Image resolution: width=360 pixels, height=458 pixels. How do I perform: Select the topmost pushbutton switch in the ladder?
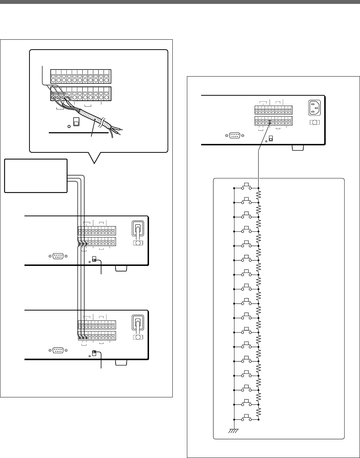pos(247,187)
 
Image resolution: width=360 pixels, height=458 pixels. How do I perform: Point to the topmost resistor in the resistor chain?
pos(259,195)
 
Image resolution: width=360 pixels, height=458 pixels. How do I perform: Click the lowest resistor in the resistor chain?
pos(259,412)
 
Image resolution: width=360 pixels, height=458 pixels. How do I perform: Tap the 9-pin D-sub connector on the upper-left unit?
pos(58,256)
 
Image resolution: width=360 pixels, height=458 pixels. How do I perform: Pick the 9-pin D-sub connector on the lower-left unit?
pos(58,350)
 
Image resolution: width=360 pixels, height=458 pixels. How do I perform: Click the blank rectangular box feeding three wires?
pos(35,175)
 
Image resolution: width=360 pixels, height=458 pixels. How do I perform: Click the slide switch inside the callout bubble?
pos(76,122)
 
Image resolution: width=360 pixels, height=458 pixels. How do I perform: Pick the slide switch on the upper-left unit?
pos(94,259)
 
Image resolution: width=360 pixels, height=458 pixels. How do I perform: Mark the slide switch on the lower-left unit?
pos(94,353)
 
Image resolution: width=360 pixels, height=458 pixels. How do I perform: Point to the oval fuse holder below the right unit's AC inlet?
pos(315,122)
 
